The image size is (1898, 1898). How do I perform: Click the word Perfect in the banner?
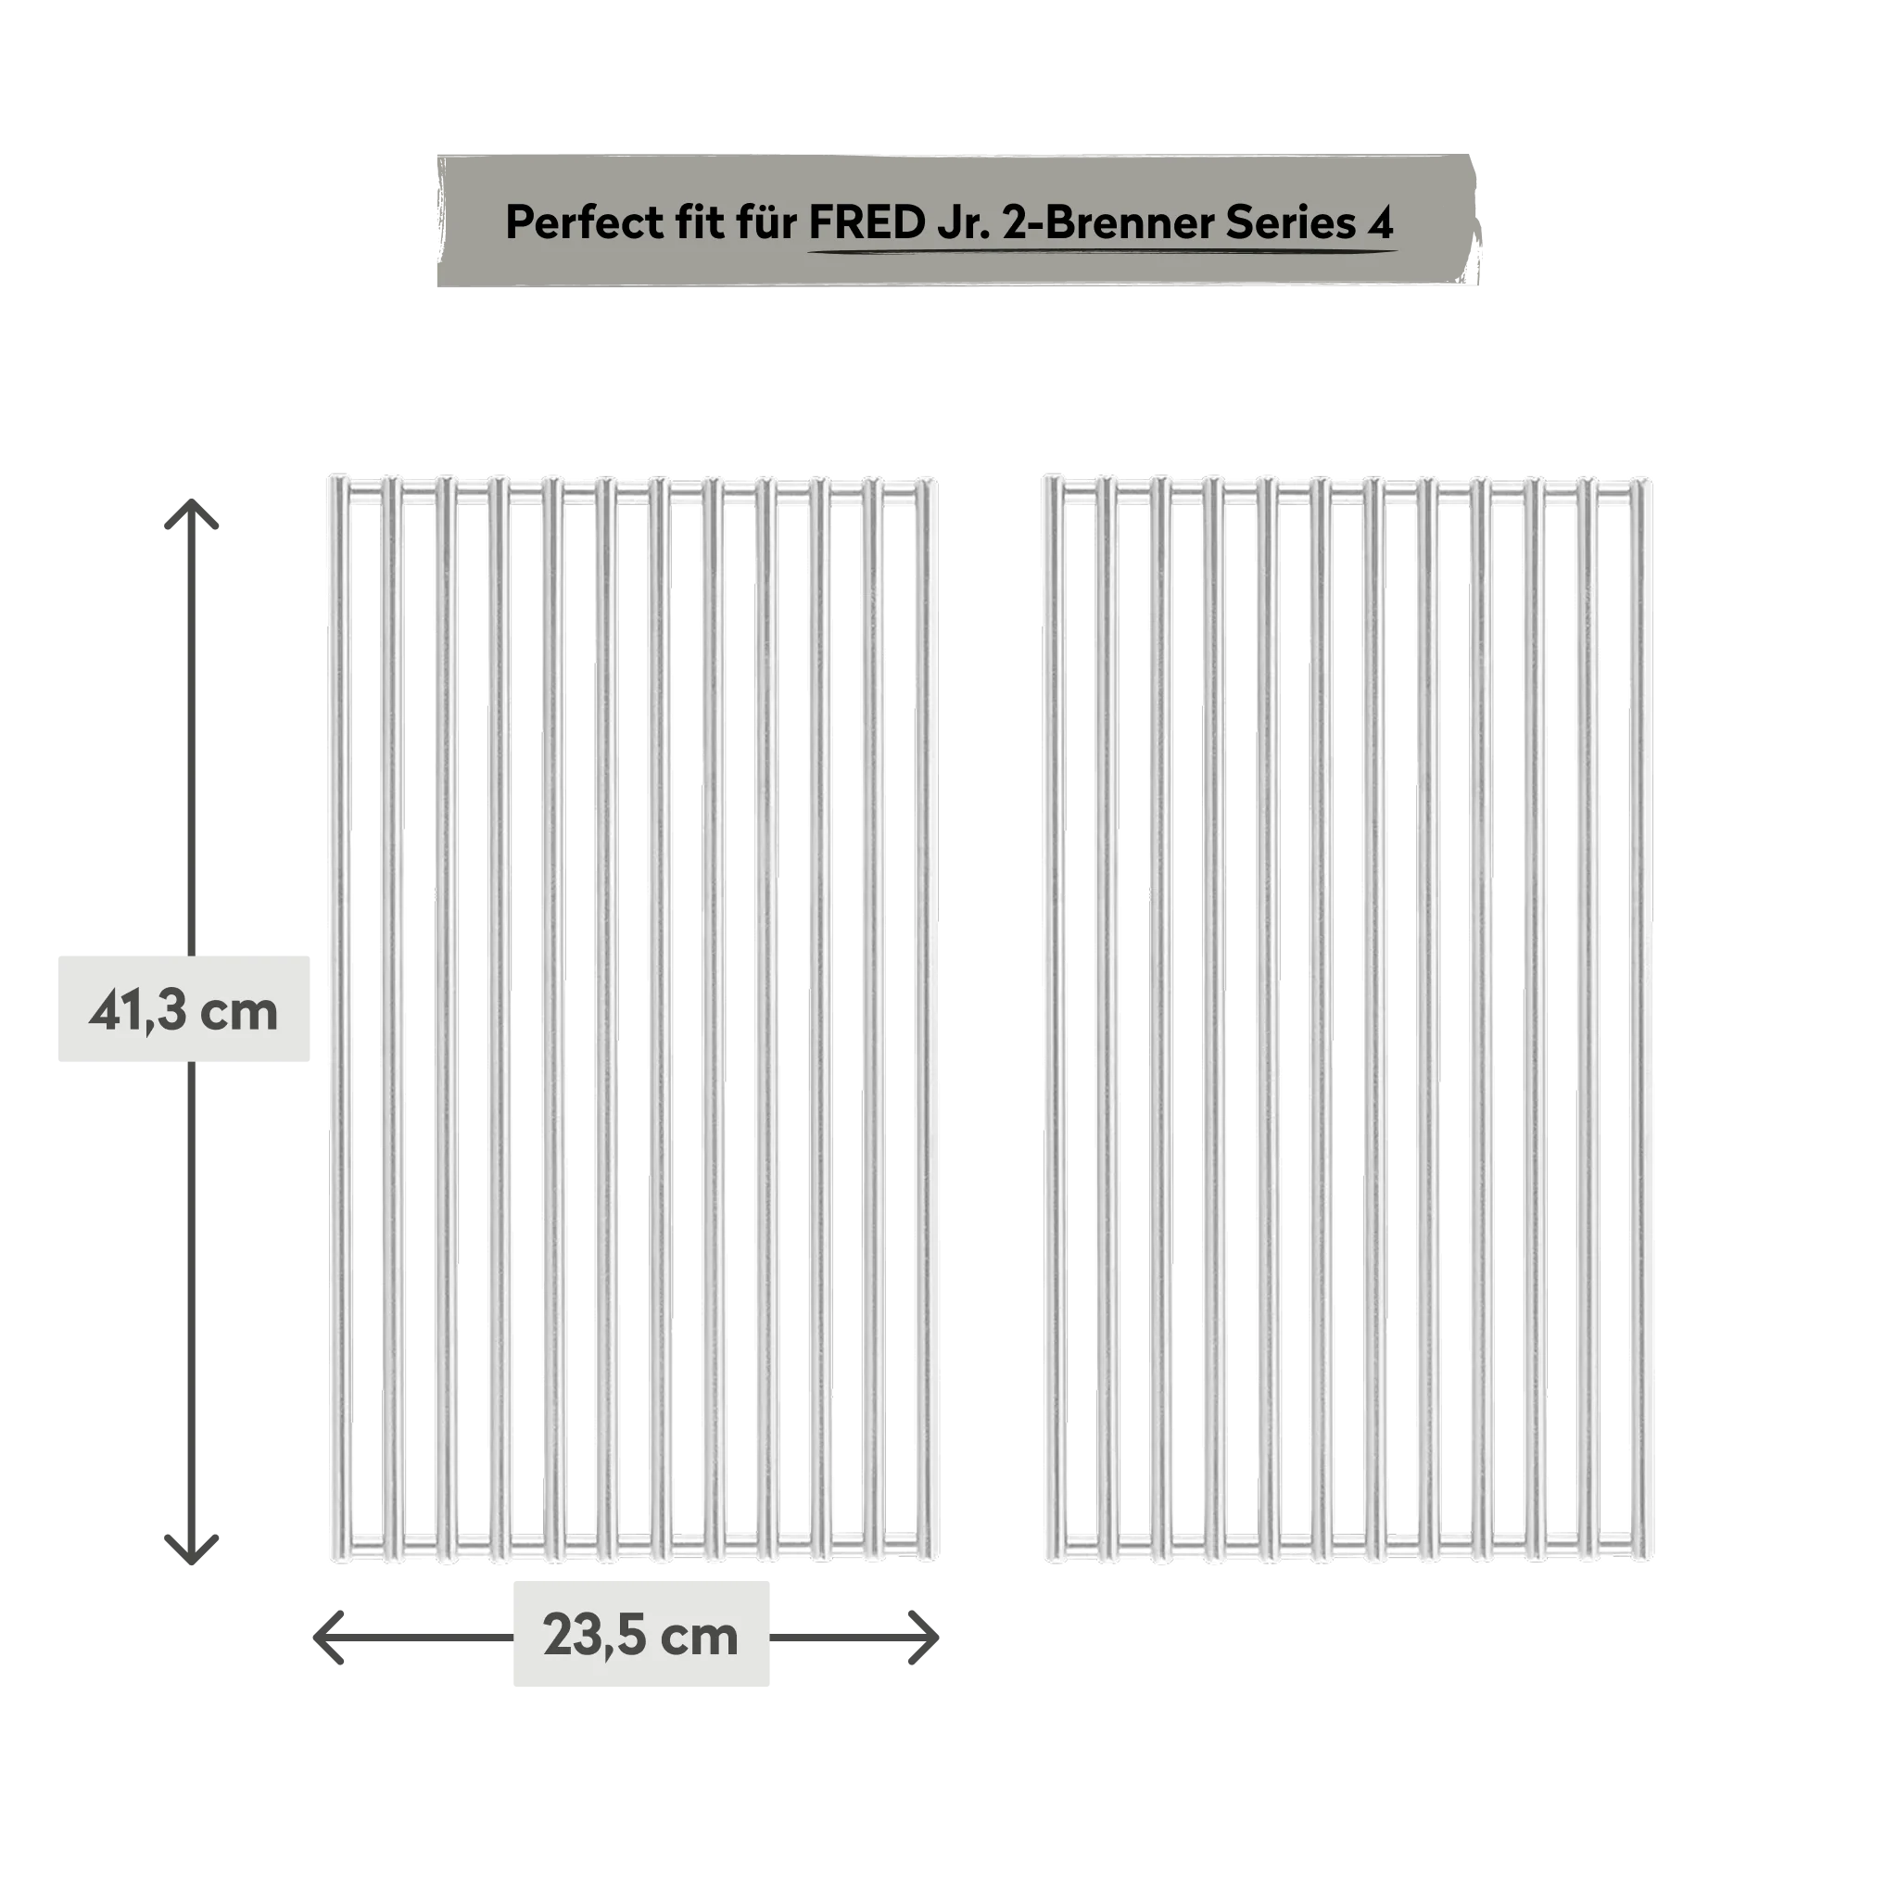click(x=586, y=223)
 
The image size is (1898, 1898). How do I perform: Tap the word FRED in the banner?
click(x=867, y=223)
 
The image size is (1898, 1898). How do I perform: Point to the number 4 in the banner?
click(x=1381, y=223)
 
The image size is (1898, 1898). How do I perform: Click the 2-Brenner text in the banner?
click(x=1108, y=223)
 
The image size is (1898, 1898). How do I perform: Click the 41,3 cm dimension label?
click(x=183, y=1011)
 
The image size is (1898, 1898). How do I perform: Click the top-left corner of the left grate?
click(x=332, y=477)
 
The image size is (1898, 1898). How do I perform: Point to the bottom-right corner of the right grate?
click(x=1651, y=1561)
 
